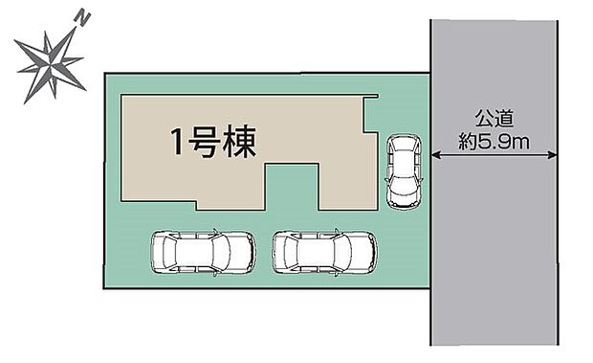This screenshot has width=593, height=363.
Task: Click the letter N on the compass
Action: pos(82,19)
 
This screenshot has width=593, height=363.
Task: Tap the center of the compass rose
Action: pos(52,65)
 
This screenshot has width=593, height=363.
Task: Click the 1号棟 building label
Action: pos(213,143)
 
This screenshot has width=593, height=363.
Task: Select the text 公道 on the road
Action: pos(494,119)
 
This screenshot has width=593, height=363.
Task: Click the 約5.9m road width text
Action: pos(494,142)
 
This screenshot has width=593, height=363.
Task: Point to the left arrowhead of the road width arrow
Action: pos(435,154)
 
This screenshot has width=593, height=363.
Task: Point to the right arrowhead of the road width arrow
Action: pos(553,154)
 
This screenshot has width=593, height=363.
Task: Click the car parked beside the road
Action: pos(404,171)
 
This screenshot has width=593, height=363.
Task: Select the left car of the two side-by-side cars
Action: pos(204,252)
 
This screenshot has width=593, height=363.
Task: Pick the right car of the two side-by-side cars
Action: pos(325,252)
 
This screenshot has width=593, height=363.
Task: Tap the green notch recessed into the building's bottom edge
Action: pos(292,187)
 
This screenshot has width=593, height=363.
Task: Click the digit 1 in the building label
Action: pos(177,143)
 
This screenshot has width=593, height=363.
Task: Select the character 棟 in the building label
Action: pos(240,143)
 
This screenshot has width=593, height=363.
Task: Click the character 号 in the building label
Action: pos(205,143)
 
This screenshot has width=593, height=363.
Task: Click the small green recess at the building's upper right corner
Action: pos(371,115)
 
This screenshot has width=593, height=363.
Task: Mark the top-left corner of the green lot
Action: pos(105,74)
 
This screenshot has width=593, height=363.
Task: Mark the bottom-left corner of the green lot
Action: pos(104,288)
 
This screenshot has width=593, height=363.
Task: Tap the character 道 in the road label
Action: pos(504,119)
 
